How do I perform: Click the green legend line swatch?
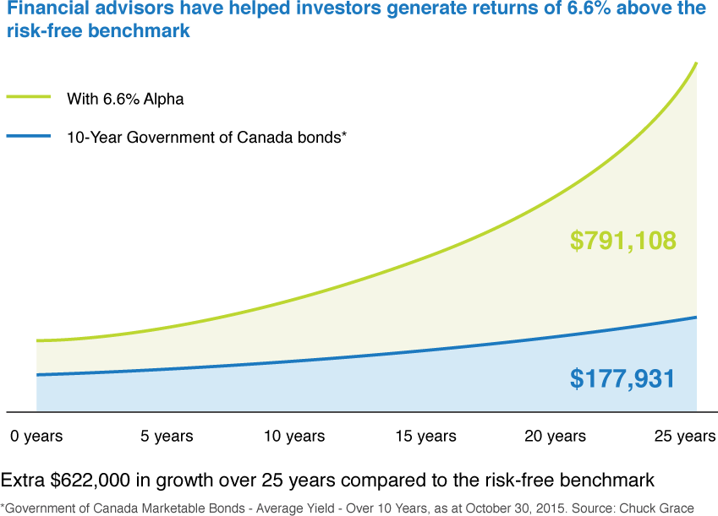(28, 97)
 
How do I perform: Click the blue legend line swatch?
(28, 135)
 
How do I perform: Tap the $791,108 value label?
(623, 241)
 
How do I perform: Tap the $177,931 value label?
(623, 378)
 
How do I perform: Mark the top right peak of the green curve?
(696, 62)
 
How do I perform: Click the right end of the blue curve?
(696, 318)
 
